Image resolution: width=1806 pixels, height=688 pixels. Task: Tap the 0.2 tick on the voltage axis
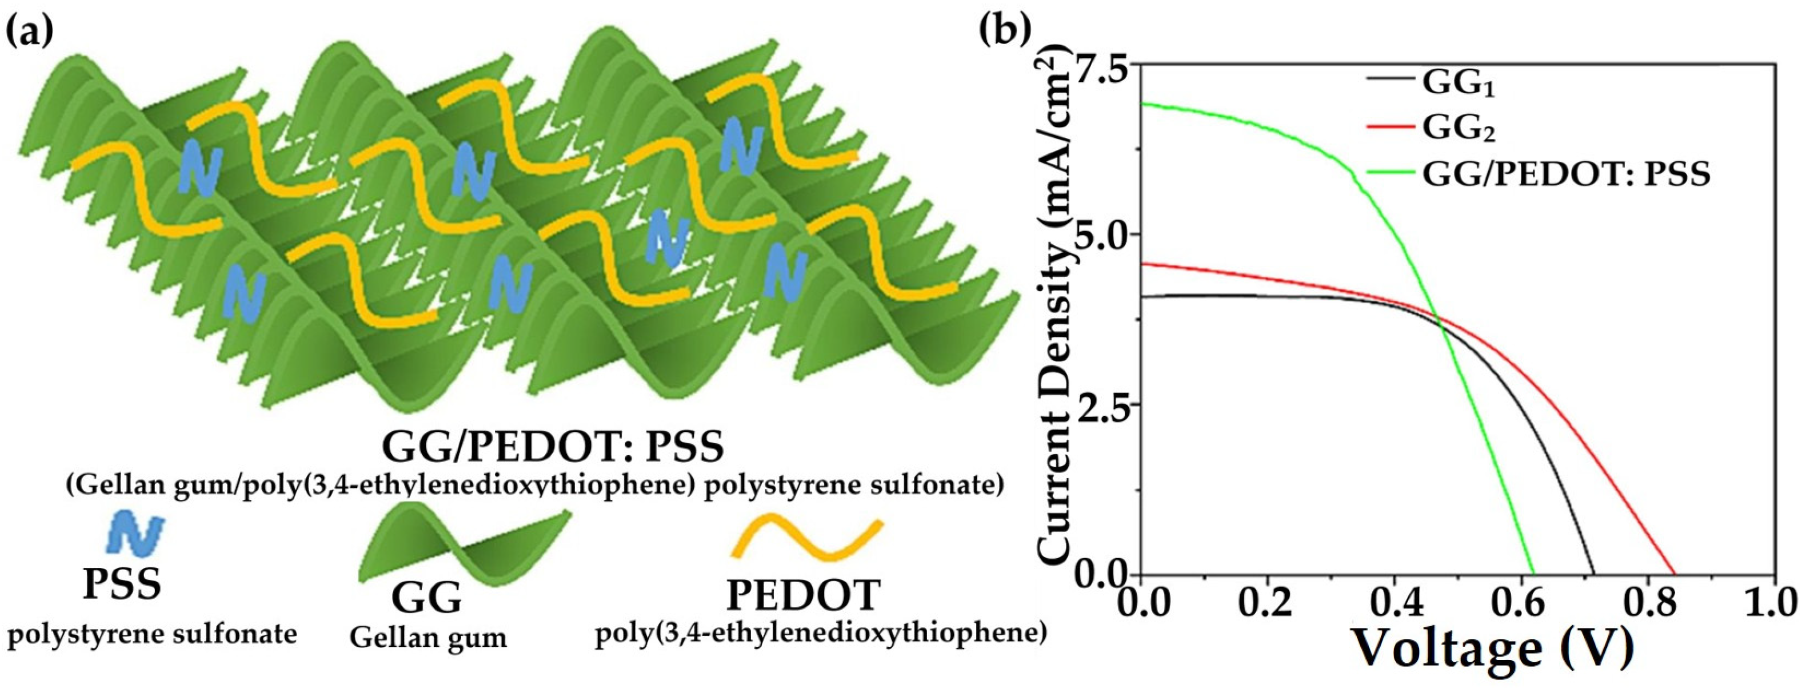click(1266, 605)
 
